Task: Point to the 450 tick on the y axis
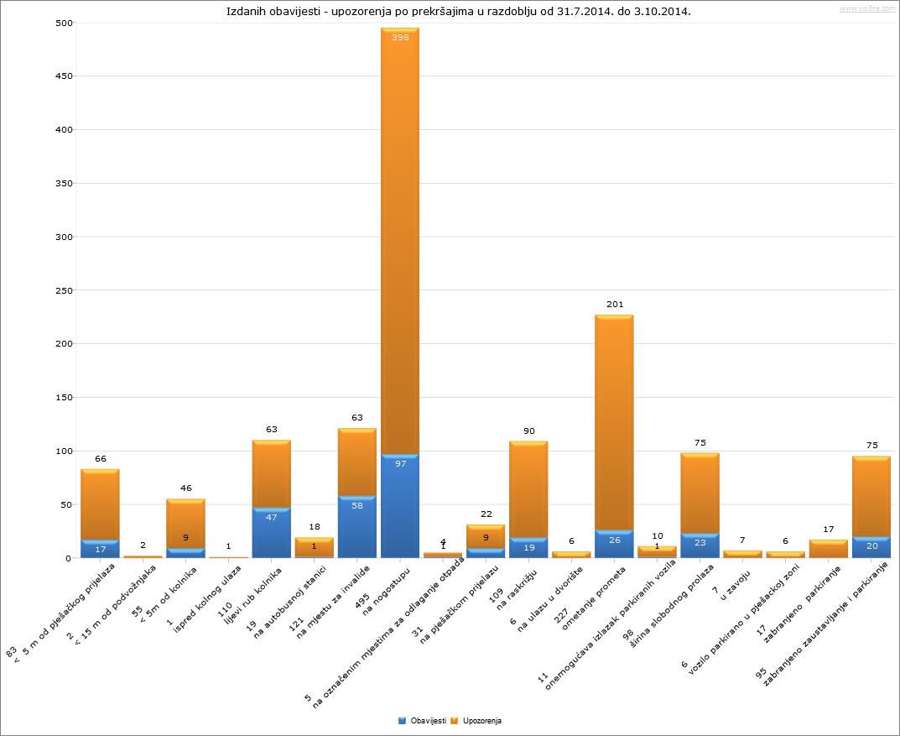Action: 39,76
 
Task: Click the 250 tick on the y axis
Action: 39,290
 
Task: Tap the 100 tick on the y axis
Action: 39,451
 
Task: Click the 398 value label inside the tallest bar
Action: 399,38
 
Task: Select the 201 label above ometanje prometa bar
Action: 615,304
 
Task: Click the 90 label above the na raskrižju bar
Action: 528,431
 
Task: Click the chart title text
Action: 459,12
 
